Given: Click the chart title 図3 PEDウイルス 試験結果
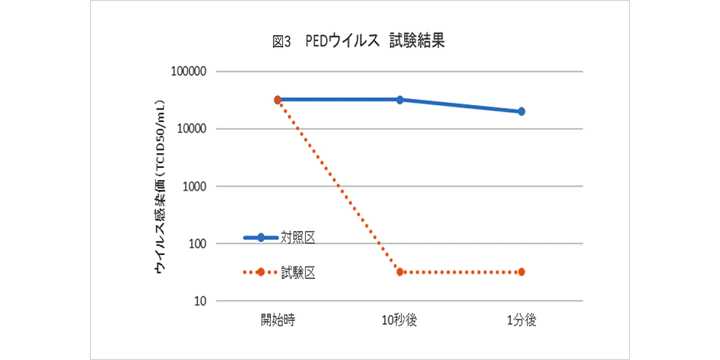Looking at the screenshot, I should tap(358, 42).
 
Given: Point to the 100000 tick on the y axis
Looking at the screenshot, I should tap(188, 72).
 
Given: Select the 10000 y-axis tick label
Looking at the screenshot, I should tap(191, 129).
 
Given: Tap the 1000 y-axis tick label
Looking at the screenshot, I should tap(194, 186).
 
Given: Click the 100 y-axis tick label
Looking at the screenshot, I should tap(197, 244).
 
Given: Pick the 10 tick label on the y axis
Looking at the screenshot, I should tap(200, 301).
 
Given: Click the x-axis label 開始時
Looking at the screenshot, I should tap(277, 320).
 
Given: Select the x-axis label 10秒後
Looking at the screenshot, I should tap(399, 320).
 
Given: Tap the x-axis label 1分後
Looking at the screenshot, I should tap(521, 320).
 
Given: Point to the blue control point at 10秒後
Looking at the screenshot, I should tap(400, 99).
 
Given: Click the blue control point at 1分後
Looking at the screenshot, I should tap(521, 111).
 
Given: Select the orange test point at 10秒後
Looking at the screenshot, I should tap(400, 271).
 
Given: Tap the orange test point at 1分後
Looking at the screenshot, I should tap(521, 271).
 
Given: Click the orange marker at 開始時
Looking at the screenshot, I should tap(277, 99).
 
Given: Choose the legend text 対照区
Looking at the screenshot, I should tap(298, 238).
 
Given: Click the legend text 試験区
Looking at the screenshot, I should tap(298, 272).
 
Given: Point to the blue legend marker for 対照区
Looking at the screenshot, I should tap(260, 238).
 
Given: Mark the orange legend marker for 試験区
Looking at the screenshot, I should tap(260, 272).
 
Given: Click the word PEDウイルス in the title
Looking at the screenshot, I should tap(341, 42).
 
